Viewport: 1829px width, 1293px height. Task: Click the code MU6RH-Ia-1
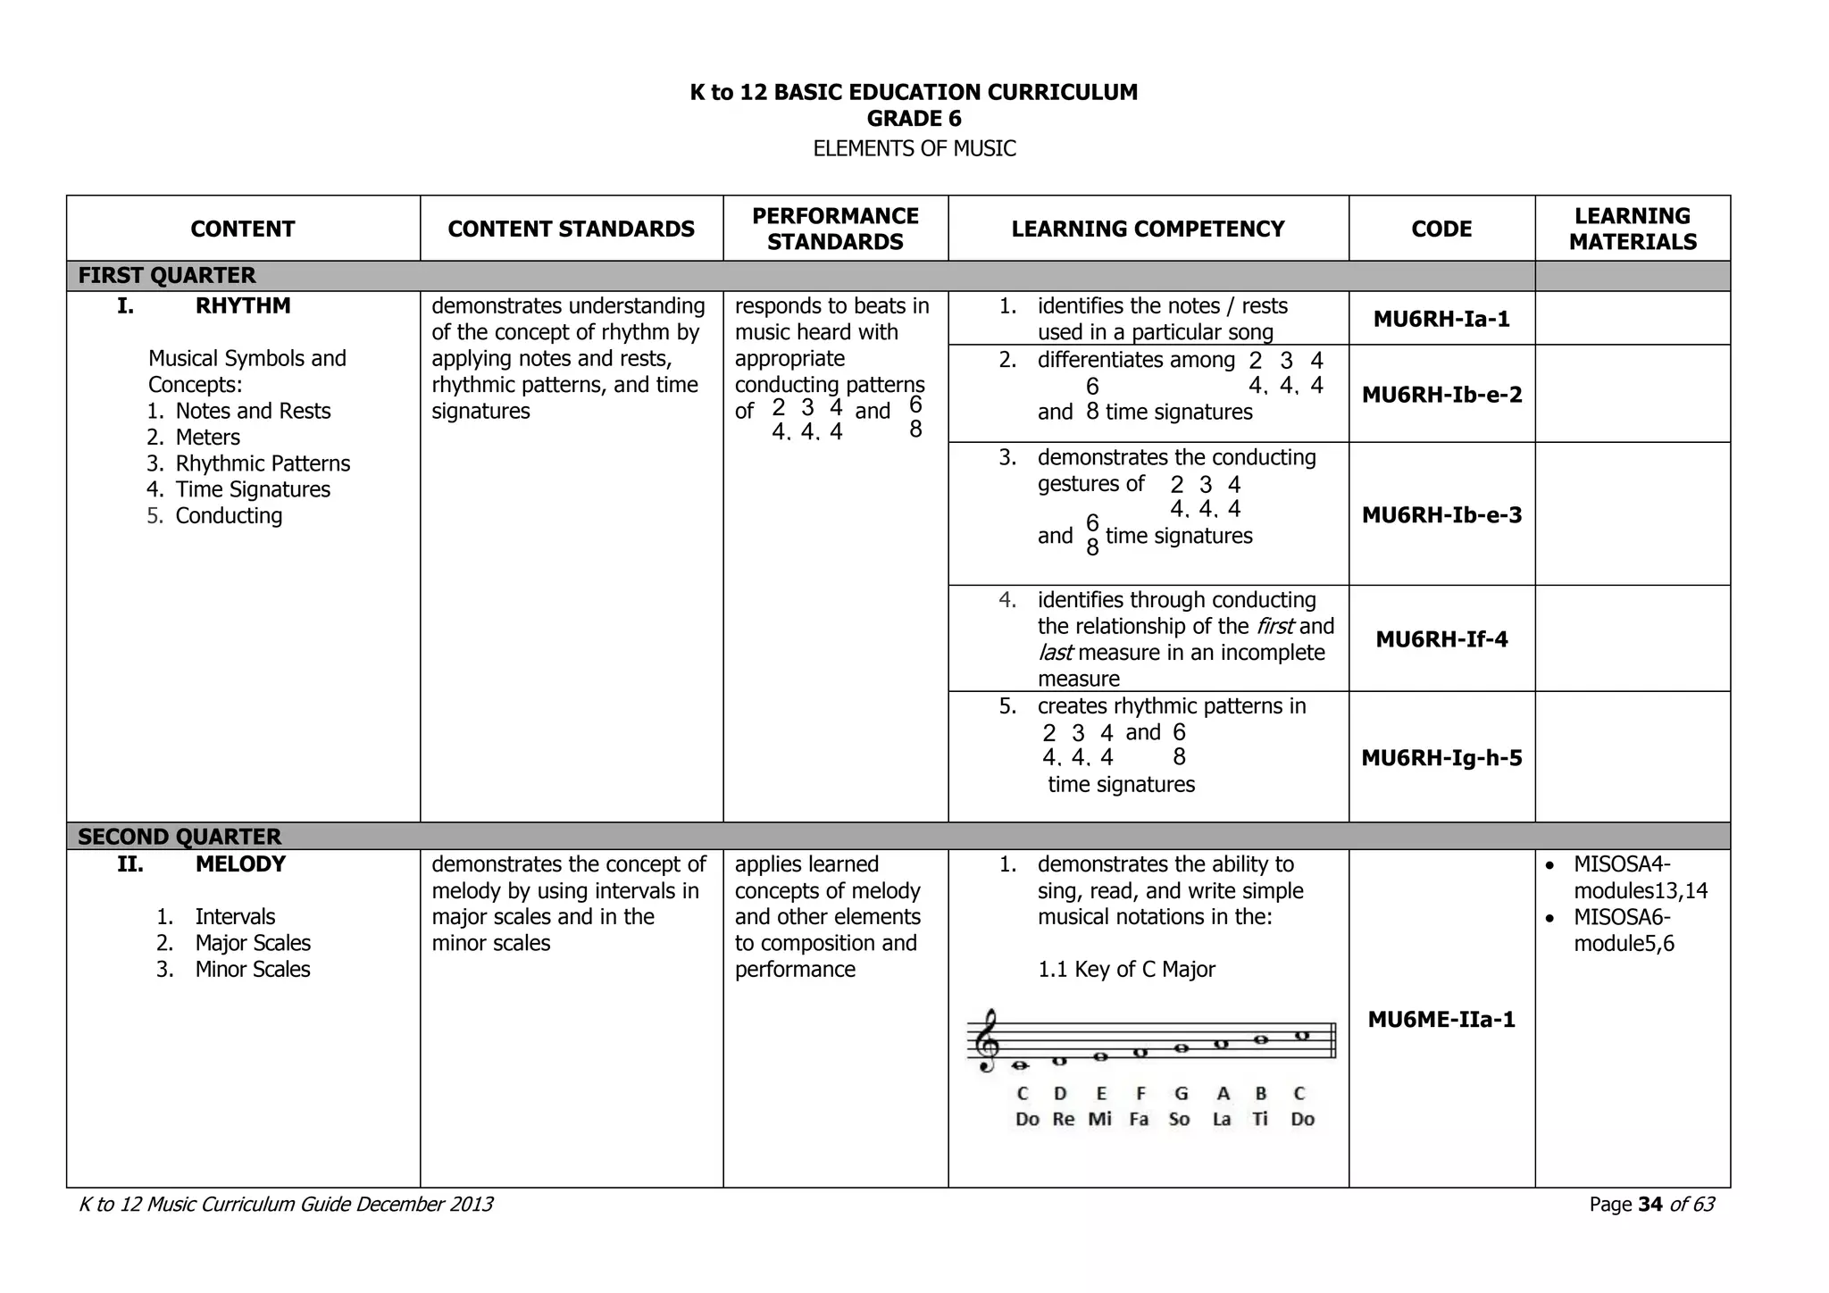[x=1441, y=319]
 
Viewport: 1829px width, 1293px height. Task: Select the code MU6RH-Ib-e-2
[x=1441, y=395]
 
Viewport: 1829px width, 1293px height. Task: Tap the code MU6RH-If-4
[x=1441, y=639]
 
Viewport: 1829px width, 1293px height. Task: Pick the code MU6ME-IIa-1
[x=1441, y=1020]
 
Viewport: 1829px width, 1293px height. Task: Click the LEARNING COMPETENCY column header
[x=1148, y=229]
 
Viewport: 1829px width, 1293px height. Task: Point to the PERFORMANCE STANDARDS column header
[x=835, y=229]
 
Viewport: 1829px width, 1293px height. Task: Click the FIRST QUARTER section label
[x=167, y=276]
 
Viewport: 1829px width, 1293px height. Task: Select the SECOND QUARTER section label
[x=179, y=837]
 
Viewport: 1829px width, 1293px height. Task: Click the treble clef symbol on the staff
[x=986, y=1041]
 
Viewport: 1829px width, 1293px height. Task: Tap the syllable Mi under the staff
[x=1099, y=1120]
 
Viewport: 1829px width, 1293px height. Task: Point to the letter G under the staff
[x=1181, y=1094]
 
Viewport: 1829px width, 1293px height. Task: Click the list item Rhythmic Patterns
[x=263, y=464]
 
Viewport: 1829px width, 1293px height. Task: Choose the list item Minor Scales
[x=252, y=970]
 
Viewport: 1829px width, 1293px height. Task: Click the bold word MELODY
[x=240, y=864]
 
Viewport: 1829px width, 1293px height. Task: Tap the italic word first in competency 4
[x=1275, y=627]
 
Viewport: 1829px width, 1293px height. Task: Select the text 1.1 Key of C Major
[x=1125, y=970]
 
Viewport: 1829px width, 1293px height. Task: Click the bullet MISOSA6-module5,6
[x=1622, y=930]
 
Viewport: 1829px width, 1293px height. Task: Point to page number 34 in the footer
[x=1650, y=1205]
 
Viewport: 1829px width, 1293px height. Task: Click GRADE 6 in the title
[x=914, y=119]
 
